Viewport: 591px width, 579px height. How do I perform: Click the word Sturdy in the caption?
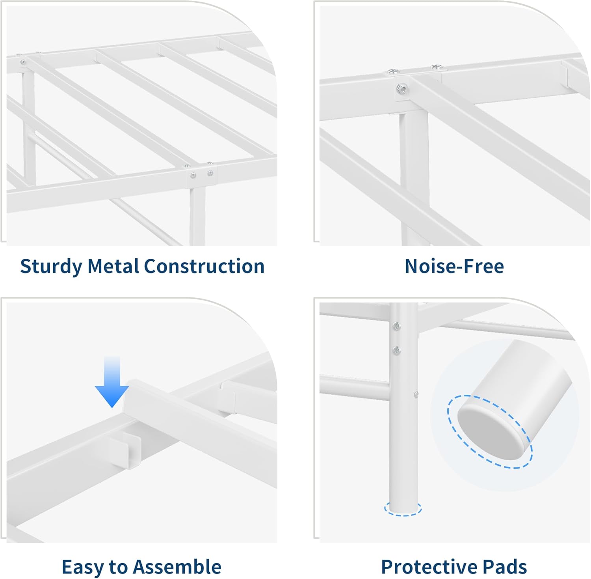click(51, 266)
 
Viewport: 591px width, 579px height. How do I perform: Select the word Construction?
click(204, 266)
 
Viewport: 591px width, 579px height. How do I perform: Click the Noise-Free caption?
click(454, 266)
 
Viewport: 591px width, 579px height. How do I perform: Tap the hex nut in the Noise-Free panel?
click(402, 89)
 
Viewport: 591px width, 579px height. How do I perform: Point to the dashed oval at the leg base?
click(403, 509)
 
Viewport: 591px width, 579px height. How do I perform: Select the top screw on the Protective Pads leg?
click(397, 326)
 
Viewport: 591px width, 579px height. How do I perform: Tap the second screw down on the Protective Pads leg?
click(397, 349)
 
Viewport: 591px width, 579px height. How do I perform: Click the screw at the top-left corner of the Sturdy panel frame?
click(23, 62)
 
